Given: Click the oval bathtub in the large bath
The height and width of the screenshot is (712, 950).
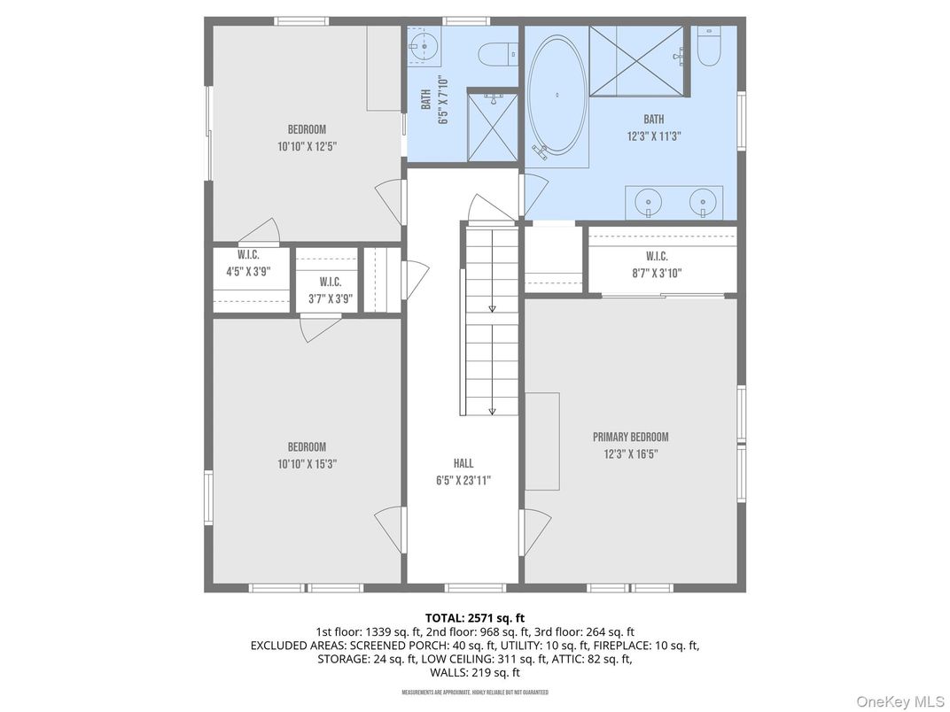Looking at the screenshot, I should pyautogui.click(x=557, y=95).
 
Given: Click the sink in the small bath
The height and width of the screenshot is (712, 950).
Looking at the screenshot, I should pyautogui.click(x=424, y=43).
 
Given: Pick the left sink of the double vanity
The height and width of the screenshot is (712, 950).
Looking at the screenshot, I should pyautogui.click(x=649, y=203).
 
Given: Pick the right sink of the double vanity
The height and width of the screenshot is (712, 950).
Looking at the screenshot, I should pyautogui.click(x=702, y=203).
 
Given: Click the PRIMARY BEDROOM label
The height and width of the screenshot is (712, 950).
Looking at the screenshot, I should pyautogui.click(x=630, y=437).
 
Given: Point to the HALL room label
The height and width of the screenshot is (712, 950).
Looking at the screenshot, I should pyautogui.click(x=463, y=463).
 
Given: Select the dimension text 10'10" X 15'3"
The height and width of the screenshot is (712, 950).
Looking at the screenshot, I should pyautogui.click(x=307, y=463).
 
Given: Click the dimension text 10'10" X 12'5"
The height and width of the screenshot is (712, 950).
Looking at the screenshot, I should pyautogui.click(x=307, y=146).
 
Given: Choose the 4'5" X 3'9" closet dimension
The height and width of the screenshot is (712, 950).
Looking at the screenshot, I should pyautogui.click(x=248, y=272).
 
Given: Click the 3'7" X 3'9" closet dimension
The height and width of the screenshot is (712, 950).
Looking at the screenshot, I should pyautogui.click(x=331, y=298).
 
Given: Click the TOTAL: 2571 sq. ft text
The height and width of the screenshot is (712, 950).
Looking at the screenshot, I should pyautogui.click(x=475, y=617).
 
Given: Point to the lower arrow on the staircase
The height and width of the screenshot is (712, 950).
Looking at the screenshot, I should pyautogui.click(x=493, y=410).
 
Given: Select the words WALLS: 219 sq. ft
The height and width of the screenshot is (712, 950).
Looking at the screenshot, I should pyautogui.click(x=475, y=672).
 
